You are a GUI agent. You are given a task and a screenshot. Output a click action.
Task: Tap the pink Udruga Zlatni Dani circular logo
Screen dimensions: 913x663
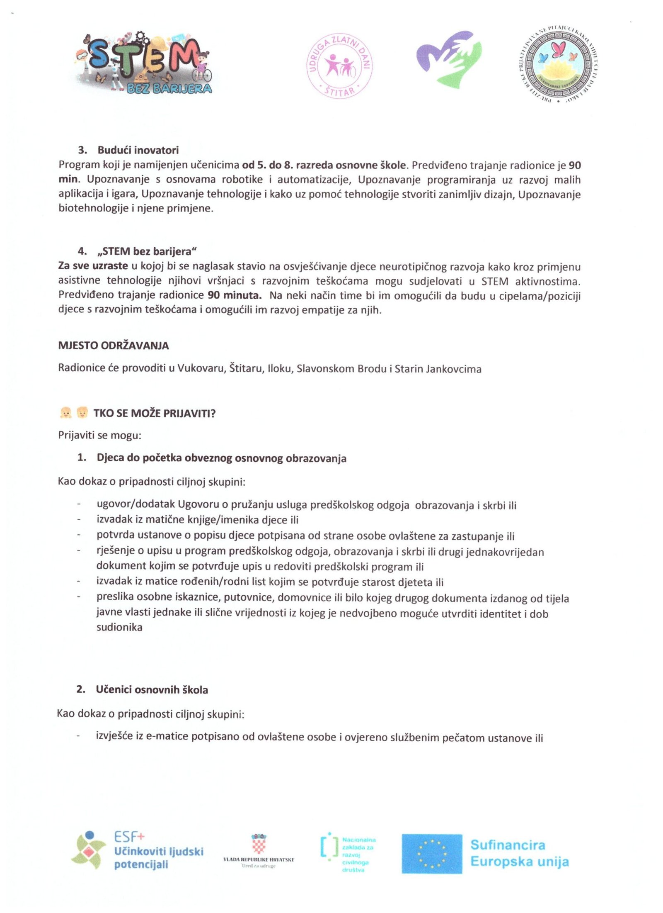click(339, 66)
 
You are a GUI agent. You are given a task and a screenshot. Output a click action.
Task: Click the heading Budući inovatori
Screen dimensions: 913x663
click(138, 150)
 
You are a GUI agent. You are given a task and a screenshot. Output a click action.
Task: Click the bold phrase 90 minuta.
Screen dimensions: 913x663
click(235, 295)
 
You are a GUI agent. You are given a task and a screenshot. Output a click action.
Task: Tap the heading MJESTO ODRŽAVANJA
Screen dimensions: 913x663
click(113, 346)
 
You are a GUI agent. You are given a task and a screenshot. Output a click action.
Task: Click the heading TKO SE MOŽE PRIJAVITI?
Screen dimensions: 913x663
click(154, 413)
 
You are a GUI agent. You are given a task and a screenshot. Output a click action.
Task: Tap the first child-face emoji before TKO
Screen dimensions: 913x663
click(65, 412)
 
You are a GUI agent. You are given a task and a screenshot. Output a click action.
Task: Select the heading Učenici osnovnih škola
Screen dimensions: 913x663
click(152, 689)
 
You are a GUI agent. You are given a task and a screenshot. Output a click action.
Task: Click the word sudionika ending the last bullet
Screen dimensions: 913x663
click(119, 627)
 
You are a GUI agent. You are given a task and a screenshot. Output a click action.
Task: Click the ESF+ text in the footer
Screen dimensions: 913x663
click(129, 836)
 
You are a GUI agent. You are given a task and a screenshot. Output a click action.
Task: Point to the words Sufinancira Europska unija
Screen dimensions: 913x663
click(519, 853)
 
